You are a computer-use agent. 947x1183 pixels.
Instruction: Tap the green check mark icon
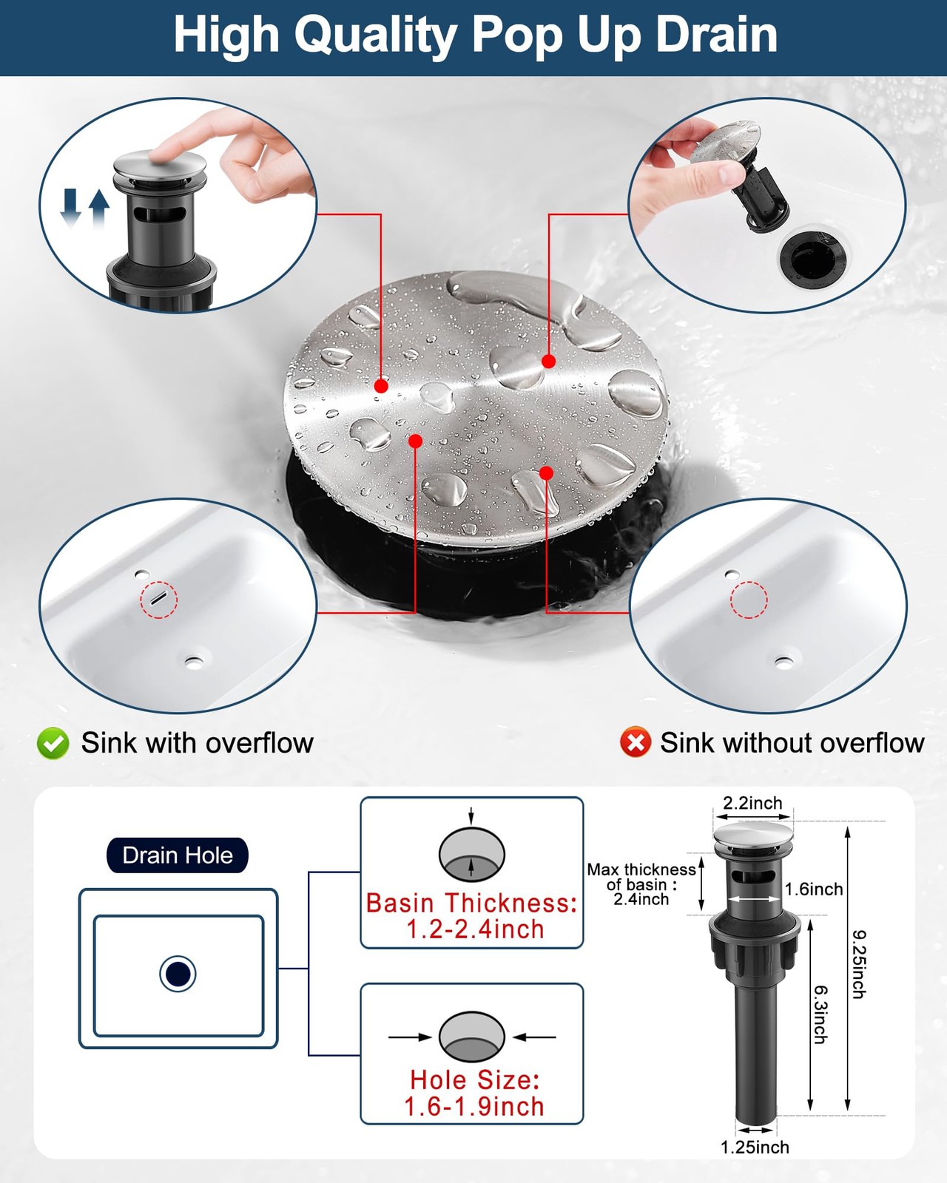tap(53, 743)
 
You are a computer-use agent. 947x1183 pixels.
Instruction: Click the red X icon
tap(636, 742)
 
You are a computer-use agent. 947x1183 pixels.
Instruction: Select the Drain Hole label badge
tap(177, 855)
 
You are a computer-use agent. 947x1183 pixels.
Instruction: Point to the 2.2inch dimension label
tap(752, 803)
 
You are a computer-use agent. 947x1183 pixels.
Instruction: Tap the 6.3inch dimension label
tap(820, 1014)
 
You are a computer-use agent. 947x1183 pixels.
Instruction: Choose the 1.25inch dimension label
tap(755, 1148)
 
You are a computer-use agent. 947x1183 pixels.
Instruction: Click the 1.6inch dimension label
tap(813, 889)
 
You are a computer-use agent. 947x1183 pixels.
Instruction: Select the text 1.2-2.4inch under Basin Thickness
tap(475, 929)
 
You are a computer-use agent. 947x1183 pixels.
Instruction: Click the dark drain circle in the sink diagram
tap(178, 974)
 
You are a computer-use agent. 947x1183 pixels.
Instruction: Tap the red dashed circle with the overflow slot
tap(159, 600)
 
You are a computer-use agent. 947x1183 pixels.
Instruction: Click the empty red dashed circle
tap(749, 600)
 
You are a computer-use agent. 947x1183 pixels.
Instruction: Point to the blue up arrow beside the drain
tap(99, 209)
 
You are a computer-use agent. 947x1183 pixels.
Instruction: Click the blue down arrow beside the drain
tap(70, 207)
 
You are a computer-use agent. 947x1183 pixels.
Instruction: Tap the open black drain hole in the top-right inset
tap(813, 259)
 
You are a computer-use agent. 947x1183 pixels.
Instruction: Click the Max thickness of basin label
tap(641, 884)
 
